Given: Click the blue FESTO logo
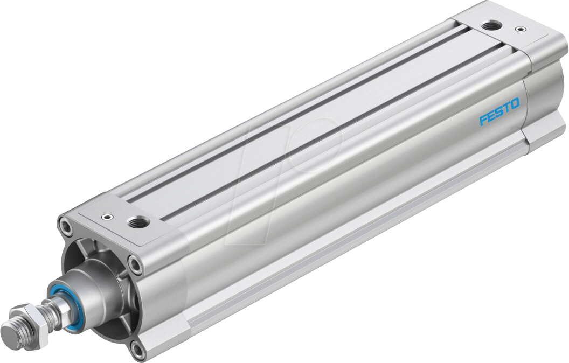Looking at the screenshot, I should pyautogui.click(x=499, y=111).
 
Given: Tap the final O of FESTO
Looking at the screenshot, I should pyautogui.click(x=515, y=104).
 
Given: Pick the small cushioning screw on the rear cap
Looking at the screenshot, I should pyautogui.click(x=519, y=29).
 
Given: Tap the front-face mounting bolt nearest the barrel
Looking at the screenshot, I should pyautogui.click(x=135, y=263).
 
